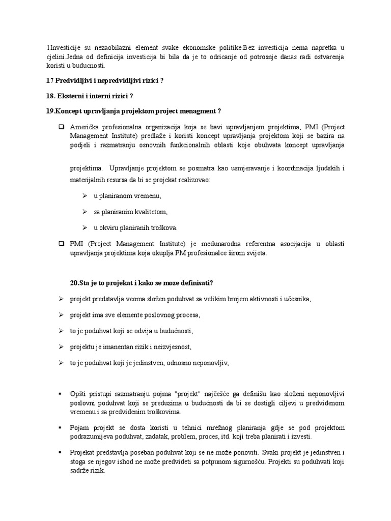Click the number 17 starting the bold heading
49,80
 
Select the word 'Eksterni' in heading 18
72,96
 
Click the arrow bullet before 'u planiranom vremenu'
85,196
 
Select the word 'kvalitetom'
149,212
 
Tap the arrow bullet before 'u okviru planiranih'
85,227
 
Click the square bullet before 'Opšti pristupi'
61,394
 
